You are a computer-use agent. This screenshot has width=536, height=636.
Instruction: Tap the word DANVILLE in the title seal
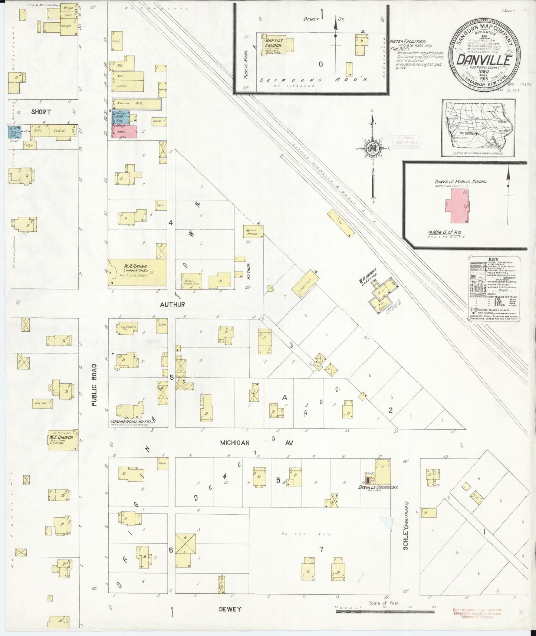(x=484, y=59)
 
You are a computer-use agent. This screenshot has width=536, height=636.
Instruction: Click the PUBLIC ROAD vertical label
(x=94, y=385)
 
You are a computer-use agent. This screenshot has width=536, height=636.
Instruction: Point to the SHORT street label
(x=41, y=112)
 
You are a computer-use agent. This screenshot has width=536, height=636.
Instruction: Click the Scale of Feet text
(x=384, y=603)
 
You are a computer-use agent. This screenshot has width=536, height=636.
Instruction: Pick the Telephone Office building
(x=128, y=328)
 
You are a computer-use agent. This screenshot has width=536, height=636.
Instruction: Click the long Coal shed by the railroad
(x=341, y=223)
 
